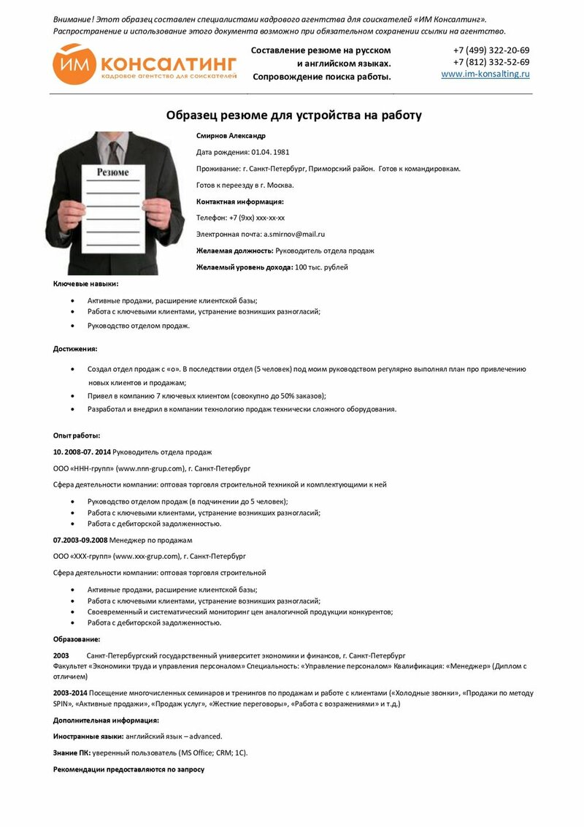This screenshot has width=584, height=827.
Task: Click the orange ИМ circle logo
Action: [x=75, y=64]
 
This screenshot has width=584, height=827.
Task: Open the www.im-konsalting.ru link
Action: [x=485, y=75]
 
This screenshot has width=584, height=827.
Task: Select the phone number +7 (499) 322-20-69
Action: [x=491, y=50]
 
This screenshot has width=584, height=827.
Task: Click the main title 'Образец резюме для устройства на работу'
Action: [x=293, y=115]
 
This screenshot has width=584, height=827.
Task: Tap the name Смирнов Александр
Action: [x=231, y=136]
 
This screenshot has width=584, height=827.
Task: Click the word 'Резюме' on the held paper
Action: [x=113, y=172]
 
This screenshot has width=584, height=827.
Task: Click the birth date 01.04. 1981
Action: [x=271, y=152]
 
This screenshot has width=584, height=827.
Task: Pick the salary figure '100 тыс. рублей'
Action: [x=321, y=267]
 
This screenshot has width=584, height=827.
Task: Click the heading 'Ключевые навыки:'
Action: [x=85, y=283]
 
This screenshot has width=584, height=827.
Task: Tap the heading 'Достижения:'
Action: [x=75, y=349]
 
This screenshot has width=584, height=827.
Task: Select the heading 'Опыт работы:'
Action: [x=77, y=435]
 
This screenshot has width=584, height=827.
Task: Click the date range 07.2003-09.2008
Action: [x=80, y=540]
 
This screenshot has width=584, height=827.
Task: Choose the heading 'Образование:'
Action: [x=77, y=639]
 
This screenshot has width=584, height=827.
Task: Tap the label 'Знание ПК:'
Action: [x=72, y=752]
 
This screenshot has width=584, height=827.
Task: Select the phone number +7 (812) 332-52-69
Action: [x=491, y=62]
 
